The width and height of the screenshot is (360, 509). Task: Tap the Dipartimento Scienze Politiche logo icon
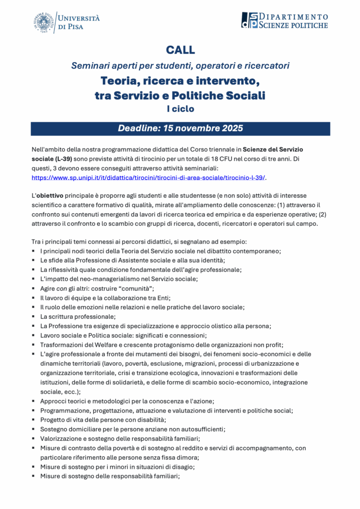(x=250, y=20)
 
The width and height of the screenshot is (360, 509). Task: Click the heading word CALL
(x=180, y=50)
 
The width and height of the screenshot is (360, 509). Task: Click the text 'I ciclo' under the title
(x=180, y=108)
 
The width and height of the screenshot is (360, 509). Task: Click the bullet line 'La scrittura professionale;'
(x=78, y=317)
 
